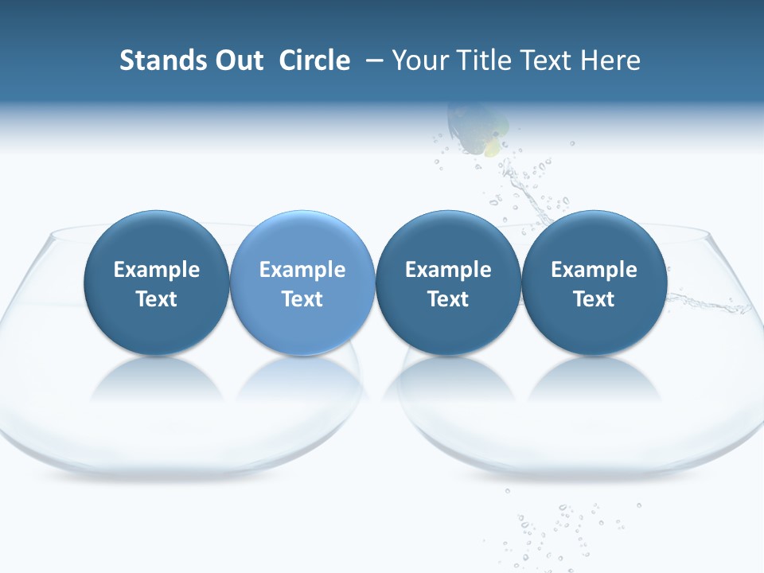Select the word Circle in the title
[x=314, y=60]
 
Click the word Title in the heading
[x=483, y=60]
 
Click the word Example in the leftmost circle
[x=157, y=270]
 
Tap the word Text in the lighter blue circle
[x=302, y=299]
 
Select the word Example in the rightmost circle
[x=594, y=270]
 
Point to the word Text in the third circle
[x=448, y=299]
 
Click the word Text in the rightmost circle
[x=594, y=299]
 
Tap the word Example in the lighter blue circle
[x=302, y=270]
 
